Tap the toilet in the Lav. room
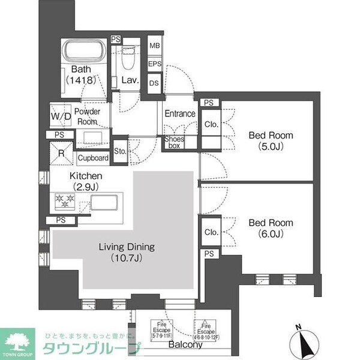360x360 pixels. (x=128, y=59)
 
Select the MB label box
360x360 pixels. (x=154, y=45)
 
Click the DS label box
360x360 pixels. (x=154, y=83)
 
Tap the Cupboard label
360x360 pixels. (x=93, y=158)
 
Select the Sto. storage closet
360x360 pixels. (x=119, y=151)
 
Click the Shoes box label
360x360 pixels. (x=175, y=142)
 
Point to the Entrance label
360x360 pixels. (x=179, y=114)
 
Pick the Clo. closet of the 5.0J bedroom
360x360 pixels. (x=211, y=125)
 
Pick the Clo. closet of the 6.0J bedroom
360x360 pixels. (x=211, y=232)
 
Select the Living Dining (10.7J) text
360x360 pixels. (x=125, y=253)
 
